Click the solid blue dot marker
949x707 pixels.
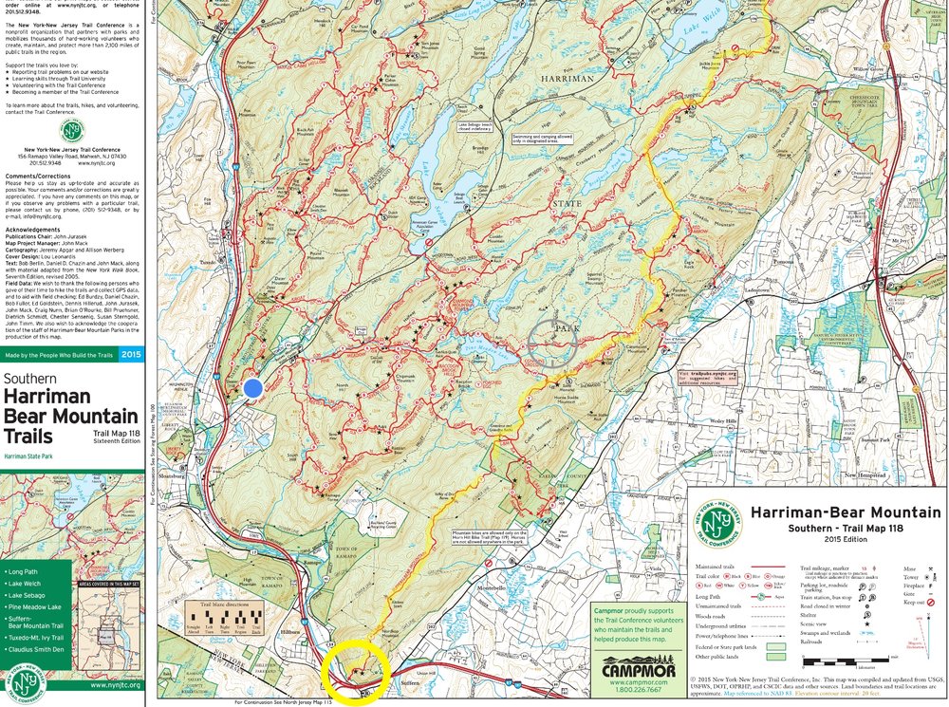coord(252,387)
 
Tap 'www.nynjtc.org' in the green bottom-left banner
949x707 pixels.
coord(111,683)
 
